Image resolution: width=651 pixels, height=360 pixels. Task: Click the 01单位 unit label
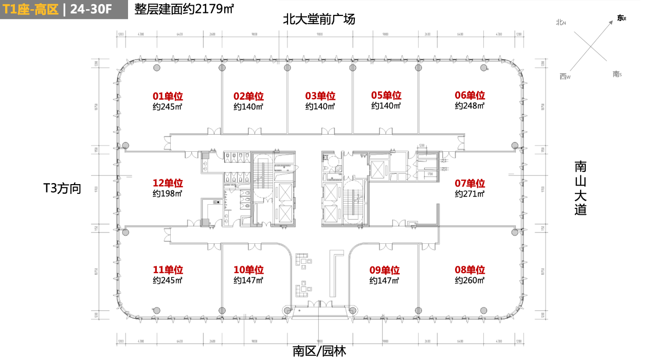(168, 96)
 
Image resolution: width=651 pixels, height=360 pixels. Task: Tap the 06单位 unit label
(469, 96)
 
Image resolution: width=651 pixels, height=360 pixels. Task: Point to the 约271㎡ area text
(469, 194)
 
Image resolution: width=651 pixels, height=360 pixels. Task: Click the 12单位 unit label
(168, 183)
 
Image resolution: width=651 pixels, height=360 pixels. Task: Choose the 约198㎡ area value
(168, 194)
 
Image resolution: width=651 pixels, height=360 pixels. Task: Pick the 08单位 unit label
(469, 270)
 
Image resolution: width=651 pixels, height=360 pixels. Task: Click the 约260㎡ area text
(469, 281)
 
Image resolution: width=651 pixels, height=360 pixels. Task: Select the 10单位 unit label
(248, 270)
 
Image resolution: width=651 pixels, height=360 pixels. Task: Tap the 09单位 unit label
(384, 270)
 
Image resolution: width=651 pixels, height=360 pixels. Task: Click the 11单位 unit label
(168, 270)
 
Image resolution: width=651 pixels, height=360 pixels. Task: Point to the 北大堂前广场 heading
(319, 20)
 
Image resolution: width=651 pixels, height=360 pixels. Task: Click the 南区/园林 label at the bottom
(319, 351)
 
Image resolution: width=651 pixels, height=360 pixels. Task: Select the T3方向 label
(62, 189)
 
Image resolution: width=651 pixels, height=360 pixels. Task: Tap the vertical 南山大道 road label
(581, 188)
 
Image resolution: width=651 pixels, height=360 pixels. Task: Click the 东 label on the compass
(621, 19)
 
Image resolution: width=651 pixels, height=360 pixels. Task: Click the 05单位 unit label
(386, 96)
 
